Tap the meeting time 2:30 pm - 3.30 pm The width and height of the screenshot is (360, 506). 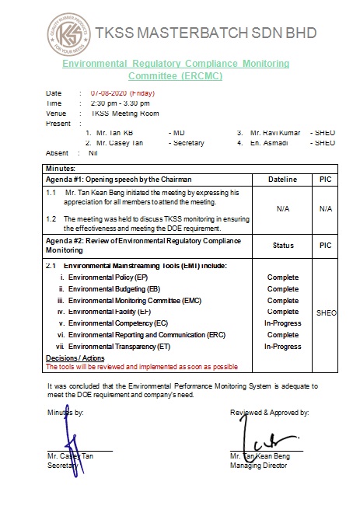121,103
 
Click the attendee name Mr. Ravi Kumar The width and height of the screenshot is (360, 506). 275,133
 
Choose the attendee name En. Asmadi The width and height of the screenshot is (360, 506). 270,143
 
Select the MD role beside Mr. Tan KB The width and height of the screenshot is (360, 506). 179,133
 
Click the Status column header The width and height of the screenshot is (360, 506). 283,246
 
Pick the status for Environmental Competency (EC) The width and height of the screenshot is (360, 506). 283,323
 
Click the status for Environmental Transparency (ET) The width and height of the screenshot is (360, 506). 283,346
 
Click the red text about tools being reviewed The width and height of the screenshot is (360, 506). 142,366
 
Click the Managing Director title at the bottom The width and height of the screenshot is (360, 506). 258,466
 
